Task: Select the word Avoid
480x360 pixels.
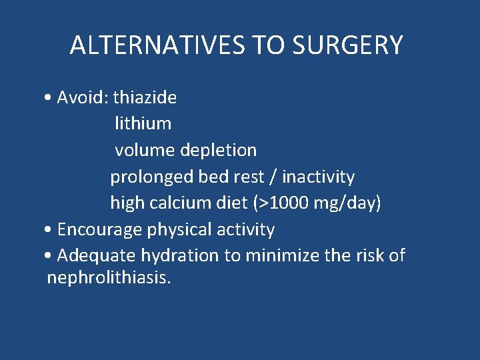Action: pyautogui.click(x=82, y=97)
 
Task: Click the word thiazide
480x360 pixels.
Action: pyautogui.click(x=145, y=97)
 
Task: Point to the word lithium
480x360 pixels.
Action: pyautogui.click(x=143, y=123)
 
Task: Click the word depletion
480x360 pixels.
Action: pyautogui.click(x=218, y=150)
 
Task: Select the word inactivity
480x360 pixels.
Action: pyautogui.click(x=318, y=177)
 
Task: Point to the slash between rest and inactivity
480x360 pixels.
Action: pyautogui.click(x=273, y=177)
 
